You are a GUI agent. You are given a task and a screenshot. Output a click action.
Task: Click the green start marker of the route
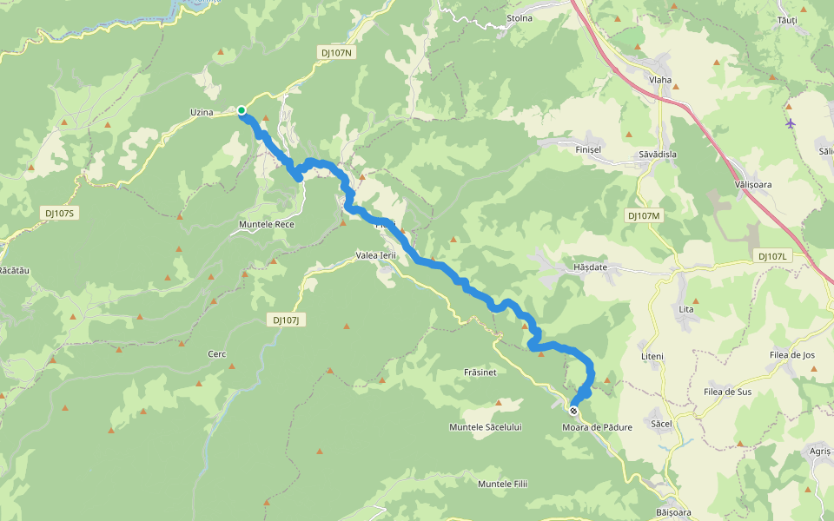tap(242, 110)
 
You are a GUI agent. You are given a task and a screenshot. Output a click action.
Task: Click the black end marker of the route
tap(573, 411)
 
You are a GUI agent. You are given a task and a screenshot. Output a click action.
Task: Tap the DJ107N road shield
tap(336, 53)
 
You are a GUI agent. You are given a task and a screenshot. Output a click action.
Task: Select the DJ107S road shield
tap(60, 213)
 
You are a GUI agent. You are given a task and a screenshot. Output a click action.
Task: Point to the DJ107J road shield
tap(285, 320)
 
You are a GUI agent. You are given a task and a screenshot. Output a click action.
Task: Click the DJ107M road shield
tap(644, 215)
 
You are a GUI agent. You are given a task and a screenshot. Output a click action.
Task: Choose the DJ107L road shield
tap(771, 256)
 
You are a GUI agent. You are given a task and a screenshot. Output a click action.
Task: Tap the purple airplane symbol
tap(790, 123)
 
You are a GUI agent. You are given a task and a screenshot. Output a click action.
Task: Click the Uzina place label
tap(202, 113)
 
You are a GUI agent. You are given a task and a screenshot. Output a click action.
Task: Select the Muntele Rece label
tap(267, 224)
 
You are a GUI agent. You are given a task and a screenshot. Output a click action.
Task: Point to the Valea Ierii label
tap(376, 255)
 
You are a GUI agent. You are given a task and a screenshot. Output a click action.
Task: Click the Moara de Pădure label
tap(597, 427)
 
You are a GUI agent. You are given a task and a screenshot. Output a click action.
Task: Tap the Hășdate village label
tap(590, 267)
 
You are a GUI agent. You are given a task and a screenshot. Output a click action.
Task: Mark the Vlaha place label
tap(660, 80)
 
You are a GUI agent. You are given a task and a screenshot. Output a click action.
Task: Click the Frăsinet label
tap(480, 372)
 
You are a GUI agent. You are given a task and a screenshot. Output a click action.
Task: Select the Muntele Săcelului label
tap(485, 427)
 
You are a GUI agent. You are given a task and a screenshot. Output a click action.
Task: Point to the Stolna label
tap(520, 17)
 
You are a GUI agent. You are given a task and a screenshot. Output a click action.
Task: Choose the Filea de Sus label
tap(727, 392)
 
